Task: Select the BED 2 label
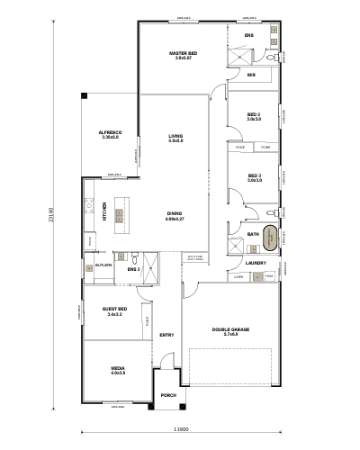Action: click(254, 115)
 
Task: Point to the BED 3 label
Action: click(254, 175)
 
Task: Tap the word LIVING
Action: click(175, 136)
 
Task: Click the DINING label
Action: click(175, 214)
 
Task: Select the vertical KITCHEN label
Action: click(104, 211)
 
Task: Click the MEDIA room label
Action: click(118, 369)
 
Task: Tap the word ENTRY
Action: click(166, 336)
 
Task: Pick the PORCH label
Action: click(167, 395)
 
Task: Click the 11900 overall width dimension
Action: click(181, 429)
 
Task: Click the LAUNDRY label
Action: click(256, 262)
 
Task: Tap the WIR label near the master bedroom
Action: click(252, 76)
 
